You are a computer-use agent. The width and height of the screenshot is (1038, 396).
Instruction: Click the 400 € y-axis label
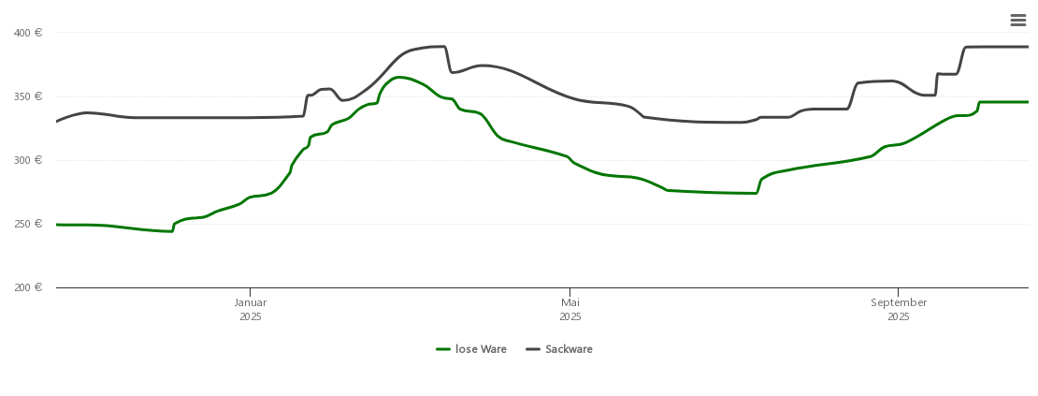(x=27, y=33)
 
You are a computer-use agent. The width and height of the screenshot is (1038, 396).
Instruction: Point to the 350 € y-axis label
(x=27, y=96)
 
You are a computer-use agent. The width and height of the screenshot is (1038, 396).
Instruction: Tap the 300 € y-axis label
(x=27, y=160)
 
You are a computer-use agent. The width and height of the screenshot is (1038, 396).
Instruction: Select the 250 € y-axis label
(x=27, y=224)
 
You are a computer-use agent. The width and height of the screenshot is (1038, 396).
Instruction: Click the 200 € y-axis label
(x=27, y=287)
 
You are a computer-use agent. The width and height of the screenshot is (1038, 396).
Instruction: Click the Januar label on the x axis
(x=251, y=302)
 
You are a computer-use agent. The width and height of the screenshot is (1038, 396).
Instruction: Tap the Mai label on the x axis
(x=570, y=302)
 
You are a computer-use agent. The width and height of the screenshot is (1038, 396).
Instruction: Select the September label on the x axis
(x=899, y=302)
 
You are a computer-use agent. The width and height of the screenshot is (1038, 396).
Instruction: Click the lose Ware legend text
(x=481, y=349)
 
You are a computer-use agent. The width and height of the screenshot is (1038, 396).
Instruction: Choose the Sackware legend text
(x=569, y=349)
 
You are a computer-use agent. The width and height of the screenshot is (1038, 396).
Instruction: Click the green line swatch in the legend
(x=443, y=349)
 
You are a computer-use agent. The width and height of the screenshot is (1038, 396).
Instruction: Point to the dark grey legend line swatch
(x=533, y=349)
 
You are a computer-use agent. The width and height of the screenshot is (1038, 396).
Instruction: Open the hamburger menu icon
(x=1018, y=20)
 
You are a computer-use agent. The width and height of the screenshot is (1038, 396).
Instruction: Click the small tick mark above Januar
(x=251, y=291)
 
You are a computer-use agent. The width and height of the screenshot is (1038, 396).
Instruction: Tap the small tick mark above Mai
(x=569, y=291)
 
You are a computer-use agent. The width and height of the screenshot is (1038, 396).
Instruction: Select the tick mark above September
(x=899, y=291)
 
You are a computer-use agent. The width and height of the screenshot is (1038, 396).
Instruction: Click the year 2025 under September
(x=899, y=316)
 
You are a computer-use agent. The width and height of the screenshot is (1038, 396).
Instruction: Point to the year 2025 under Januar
(x=251, y=316)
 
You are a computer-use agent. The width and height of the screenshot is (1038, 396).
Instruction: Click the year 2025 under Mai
(x=570, y=316)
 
